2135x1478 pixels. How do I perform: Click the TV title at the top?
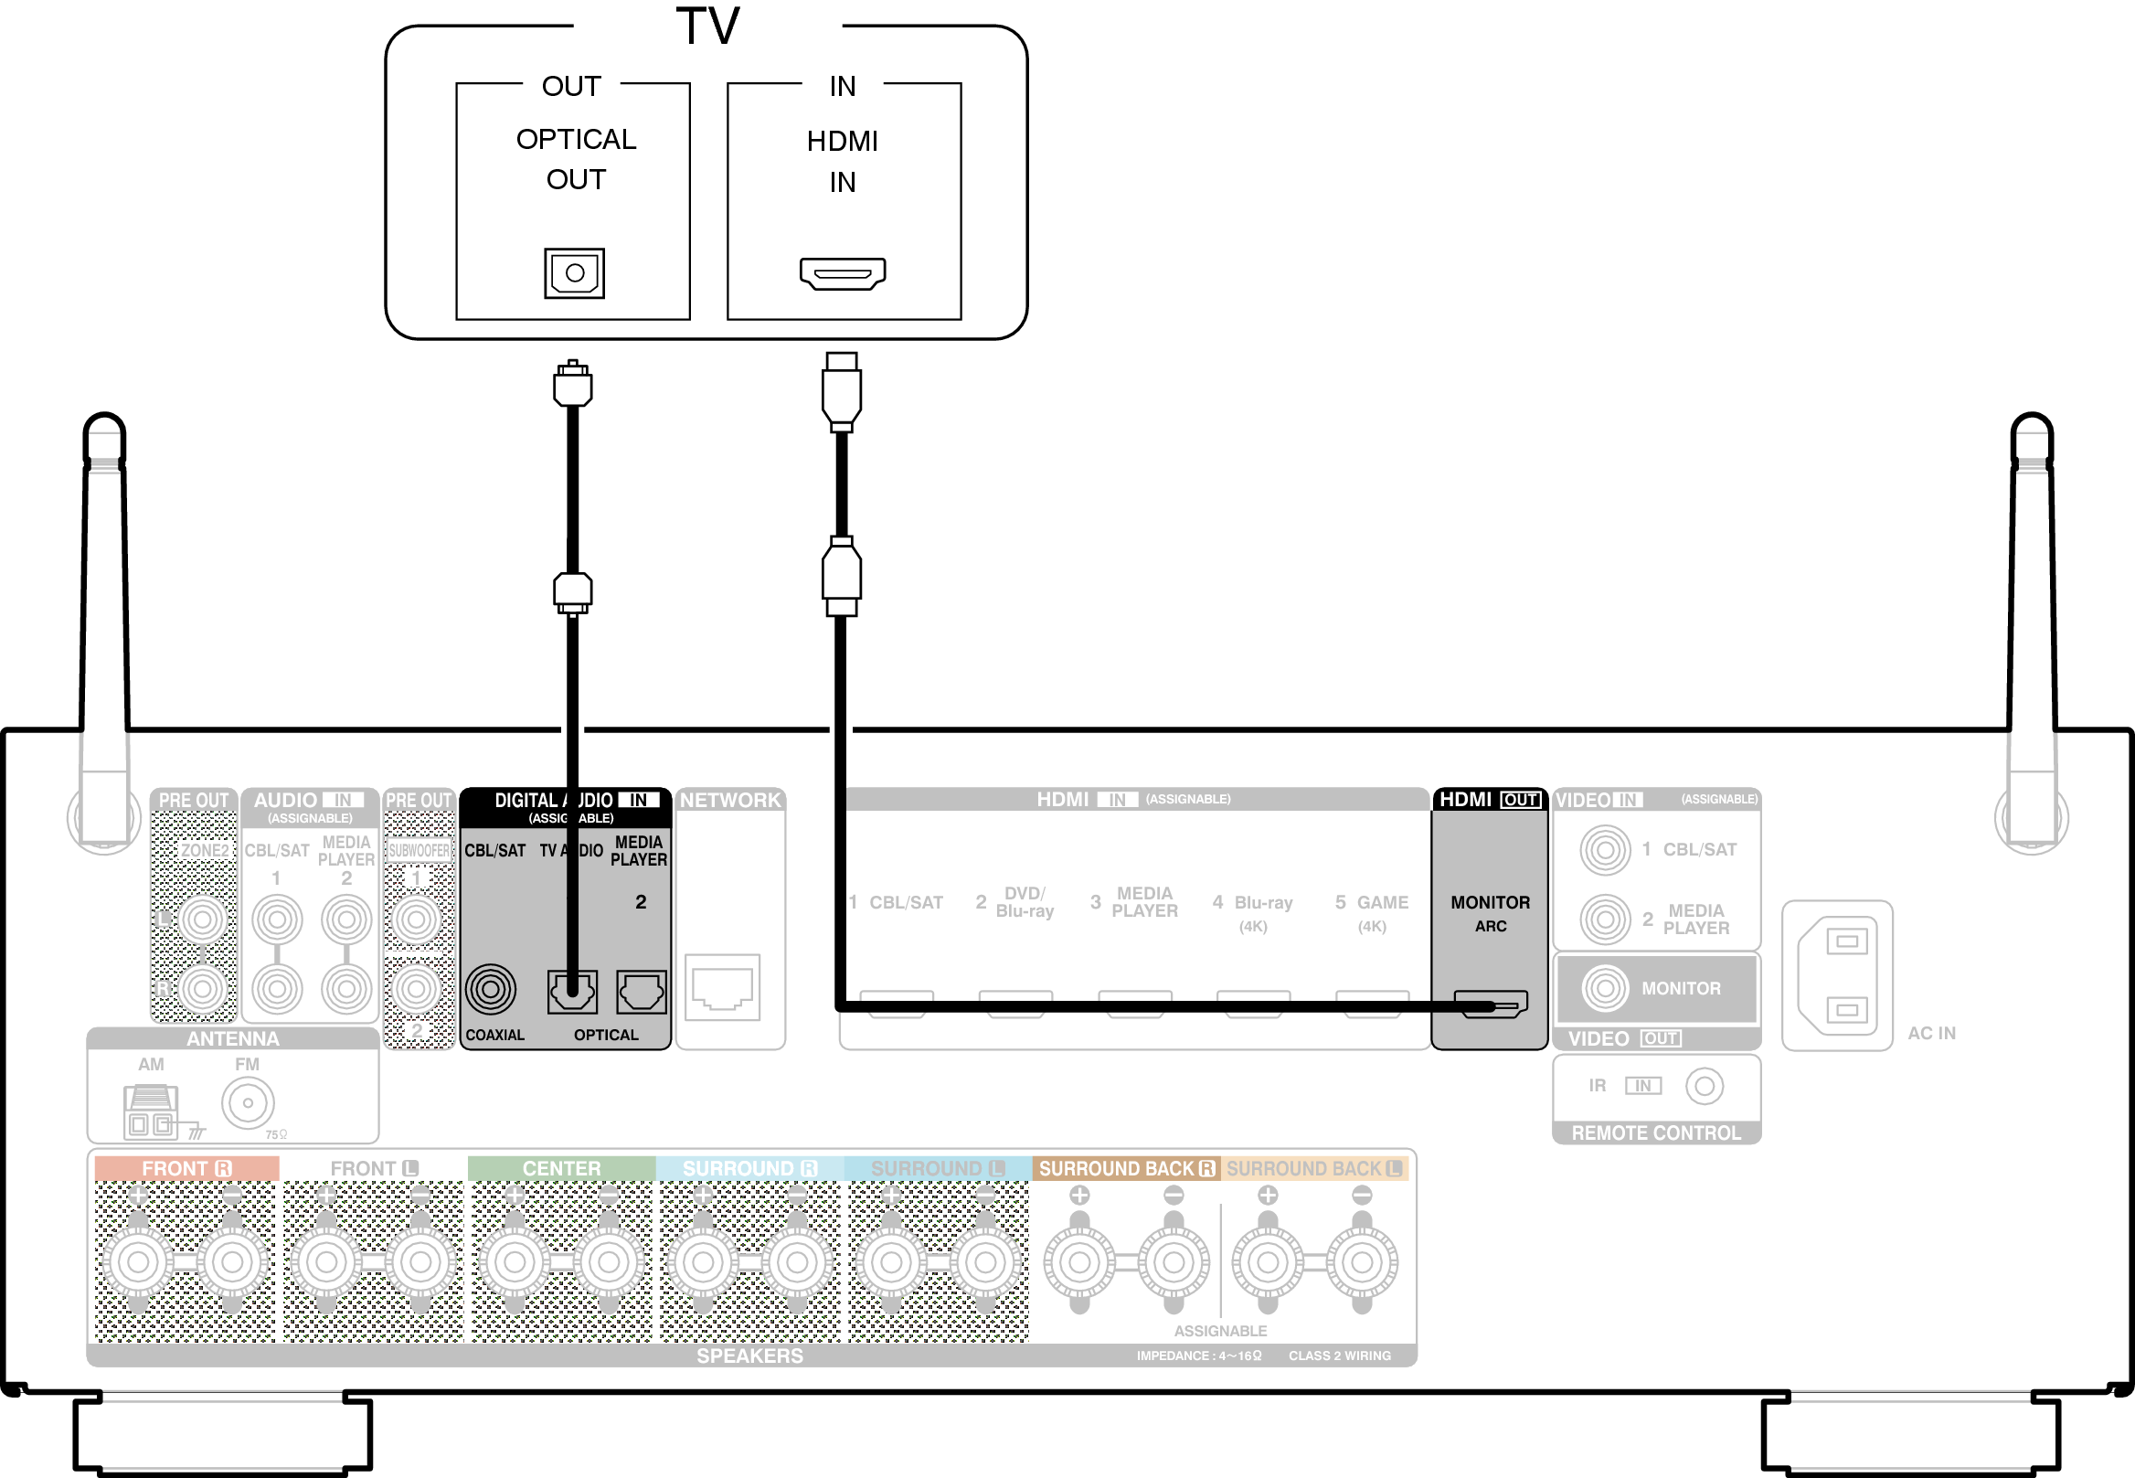(707, 26)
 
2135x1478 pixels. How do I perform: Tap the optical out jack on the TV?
(574, 273)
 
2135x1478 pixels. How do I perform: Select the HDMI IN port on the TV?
(843, 273)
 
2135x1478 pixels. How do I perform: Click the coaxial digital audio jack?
(491, 989)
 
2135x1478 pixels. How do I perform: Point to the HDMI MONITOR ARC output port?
(1491, 1003)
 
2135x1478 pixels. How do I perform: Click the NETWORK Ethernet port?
(722, 987)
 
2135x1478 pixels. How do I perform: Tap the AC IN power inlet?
(1839, 975)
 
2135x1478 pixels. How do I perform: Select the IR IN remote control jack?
(1705, 1085)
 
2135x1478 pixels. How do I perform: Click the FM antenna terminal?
(247, 1103)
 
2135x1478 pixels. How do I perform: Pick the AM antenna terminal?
(150, 1111)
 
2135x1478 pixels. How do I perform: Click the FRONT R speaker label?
(186, 1169)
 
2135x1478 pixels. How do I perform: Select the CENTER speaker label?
(561, 1169)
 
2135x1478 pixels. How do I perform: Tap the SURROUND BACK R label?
(1126, 1169)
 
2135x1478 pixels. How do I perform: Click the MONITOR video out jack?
(1605, 988)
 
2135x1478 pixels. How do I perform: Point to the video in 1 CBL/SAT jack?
(1605, 849)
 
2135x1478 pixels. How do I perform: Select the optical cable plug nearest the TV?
(572, 384)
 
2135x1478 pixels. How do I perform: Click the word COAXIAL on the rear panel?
(494, 1036)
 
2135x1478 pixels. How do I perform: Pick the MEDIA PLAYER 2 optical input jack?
(641, 992)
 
